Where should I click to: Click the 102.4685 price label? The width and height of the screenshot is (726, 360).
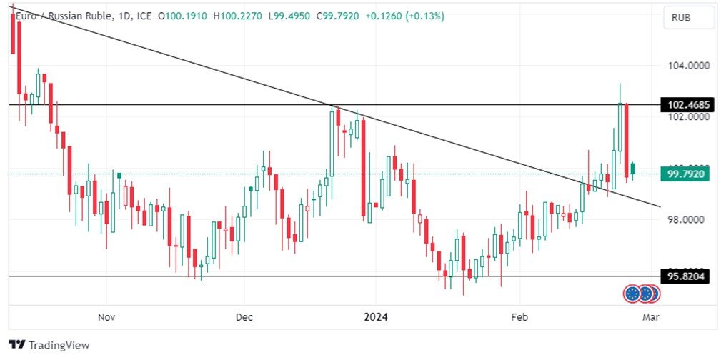688,105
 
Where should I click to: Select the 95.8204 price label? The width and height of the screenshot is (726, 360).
688,276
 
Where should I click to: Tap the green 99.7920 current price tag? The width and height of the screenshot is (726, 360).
687,173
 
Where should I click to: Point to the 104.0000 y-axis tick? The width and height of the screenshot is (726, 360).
689,65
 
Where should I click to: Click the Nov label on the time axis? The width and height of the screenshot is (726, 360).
106,316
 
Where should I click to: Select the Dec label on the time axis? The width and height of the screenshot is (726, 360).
244,316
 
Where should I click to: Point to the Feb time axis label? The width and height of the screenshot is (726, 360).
519,316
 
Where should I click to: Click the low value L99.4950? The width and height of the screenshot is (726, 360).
291,16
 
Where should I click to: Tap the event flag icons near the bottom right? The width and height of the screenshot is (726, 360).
641,293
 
